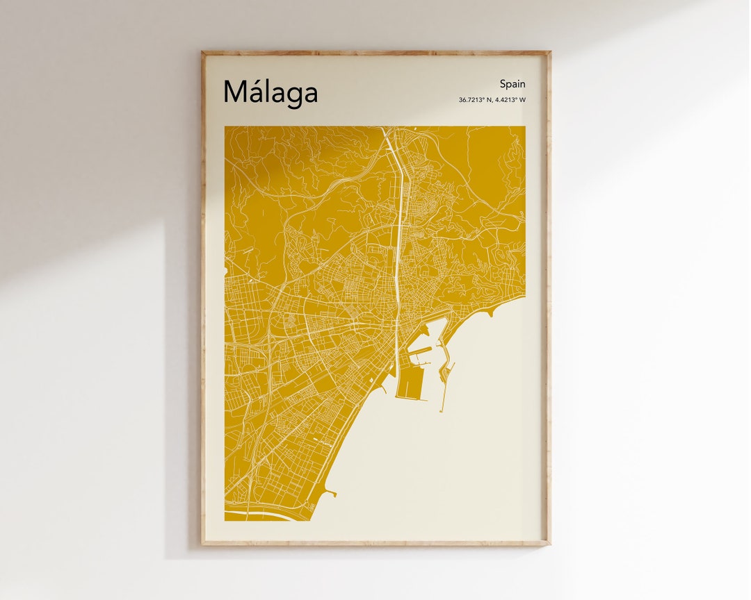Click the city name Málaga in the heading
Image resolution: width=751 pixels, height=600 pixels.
click(270, 92)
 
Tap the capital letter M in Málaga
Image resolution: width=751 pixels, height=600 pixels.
click(235, 92)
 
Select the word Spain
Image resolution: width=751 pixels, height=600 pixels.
click(512, 84)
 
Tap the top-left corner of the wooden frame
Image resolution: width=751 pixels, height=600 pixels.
click(202, 52)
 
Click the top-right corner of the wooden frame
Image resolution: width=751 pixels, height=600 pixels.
click(549, 52)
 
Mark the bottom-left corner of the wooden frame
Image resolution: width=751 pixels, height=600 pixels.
click(202, 544)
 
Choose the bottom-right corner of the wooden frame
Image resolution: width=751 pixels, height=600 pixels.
click(549, 544)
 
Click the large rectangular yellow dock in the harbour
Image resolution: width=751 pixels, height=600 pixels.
click(411, 383)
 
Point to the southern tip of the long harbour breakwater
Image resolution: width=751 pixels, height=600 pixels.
click(440, 410)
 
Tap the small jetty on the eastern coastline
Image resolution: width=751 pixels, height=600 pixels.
click(492, 314)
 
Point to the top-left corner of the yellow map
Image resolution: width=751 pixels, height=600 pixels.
click(225, 127)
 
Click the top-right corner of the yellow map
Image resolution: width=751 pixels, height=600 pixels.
click(525, 127)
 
